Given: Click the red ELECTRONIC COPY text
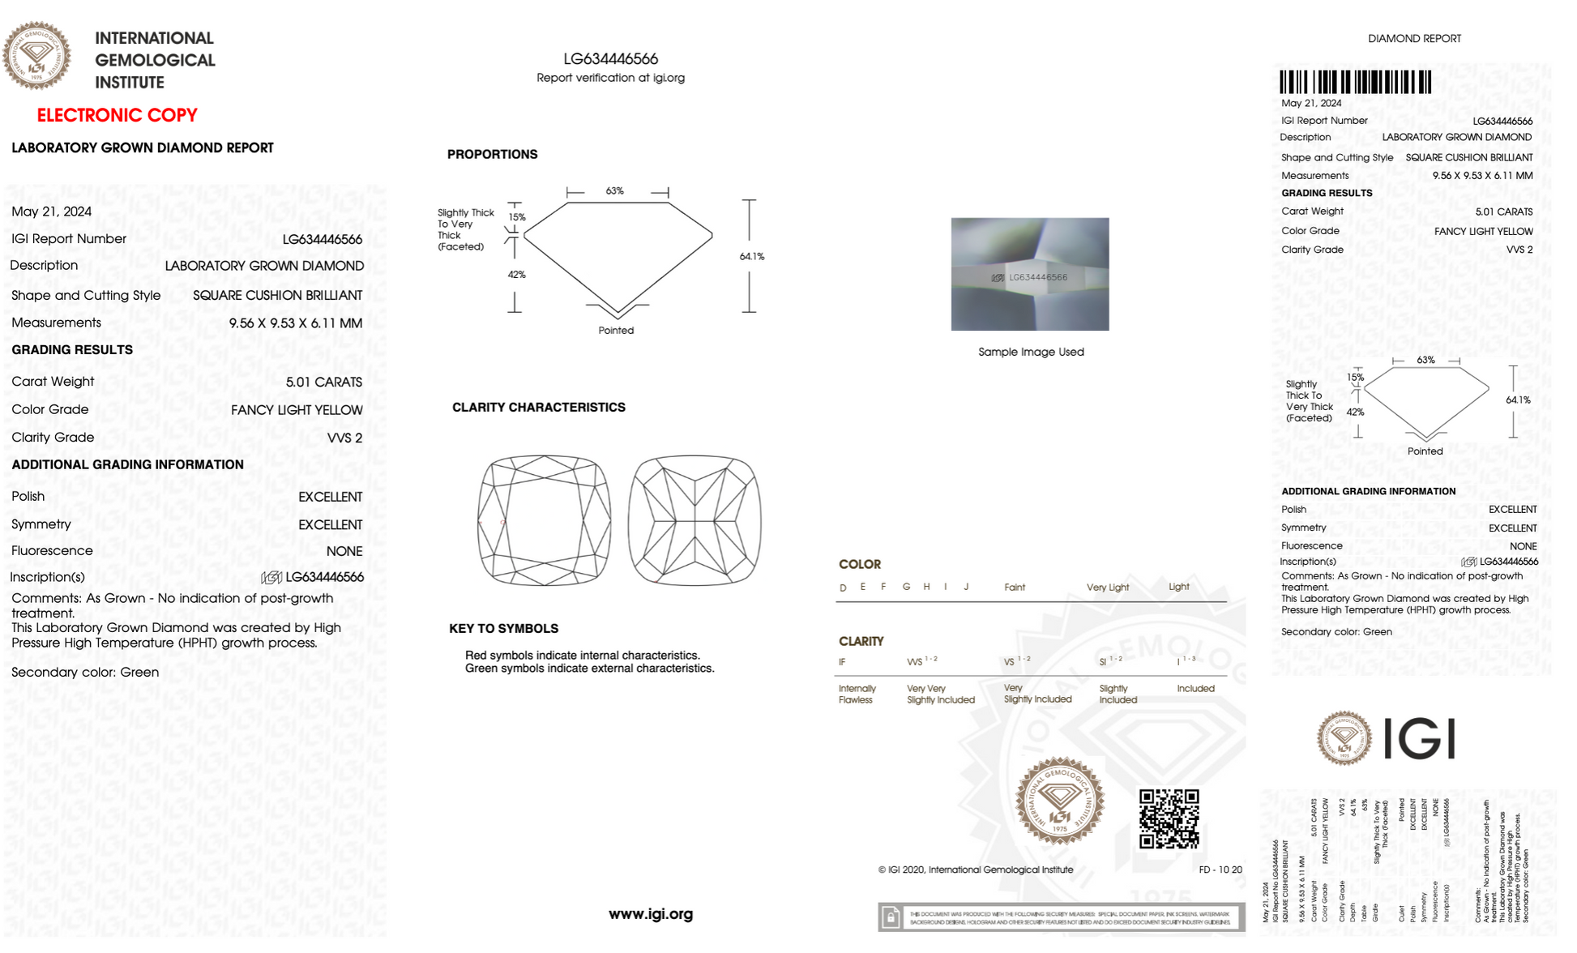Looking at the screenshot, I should tap(118, 115).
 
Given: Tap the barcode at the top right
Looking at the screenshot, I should tap(1355, 82).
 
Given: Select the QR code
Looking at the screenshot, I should tap(1169, 818).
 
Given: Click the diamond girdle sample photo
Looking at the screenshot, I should tap(1030, 274).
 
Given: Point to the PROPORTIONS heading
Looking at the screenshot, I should tap(492, 154).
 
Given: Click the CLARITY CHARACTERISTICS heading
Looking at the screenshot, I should tap(538, 407).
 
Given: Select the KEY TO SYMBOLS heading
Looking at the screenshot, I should tap(503, 628).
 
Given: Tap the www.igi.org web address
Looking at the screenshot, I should tap(651, 914).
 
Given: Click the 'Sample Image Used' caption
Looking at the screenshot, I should tap(1031, 352).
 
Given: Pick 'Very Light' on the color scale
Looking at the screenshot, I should tap(1107, 588).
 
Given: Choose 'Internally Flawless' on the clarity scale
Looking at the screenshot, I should tap(857, 694).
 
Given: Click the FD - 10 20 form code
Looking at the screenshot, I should tap(1220, 870).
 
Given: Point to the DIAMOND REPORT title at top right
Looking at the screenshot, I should tap(1414, 38).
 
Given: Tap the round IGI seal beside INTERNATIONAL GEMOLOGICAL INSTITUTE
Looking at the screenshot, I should tap(36, 56).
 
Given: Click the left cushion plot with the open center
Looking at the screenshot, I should tap(544, 520).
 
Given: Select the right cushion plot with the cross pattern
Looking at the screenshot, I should tap(694, 520).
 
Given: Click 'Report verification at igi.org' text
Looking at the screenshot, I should tap(610, 78).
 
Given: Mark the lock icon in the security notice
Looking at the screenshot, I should tap(891, 917).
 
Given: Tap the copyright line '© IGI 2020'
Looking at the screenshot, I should tap(975, 870).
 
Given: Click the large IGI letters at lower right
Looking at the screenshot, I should tap(1419, 738).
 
